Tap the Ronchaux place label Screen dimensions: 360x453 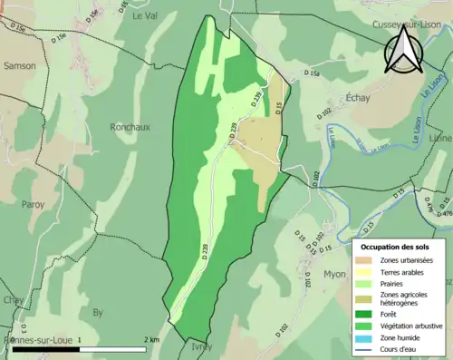click(128, 127)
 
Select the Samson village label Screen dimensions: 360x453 click(20, 66)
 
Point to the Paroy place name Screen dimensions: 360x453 click(33, 205)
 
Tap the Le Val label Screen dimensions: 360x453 click(144, 16)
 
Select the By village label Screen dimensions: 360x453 click(98, 313)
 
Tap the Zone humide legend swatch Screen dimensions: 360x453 click(367, 337)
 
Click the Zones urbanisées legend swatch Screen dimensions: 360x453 click(367, 260)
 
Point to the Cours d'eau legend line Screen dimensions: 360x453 click(367, 349)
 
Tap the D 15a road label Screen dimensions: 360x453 click(313, 73)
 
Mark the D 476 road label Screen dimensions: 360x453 click(445, 214)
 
